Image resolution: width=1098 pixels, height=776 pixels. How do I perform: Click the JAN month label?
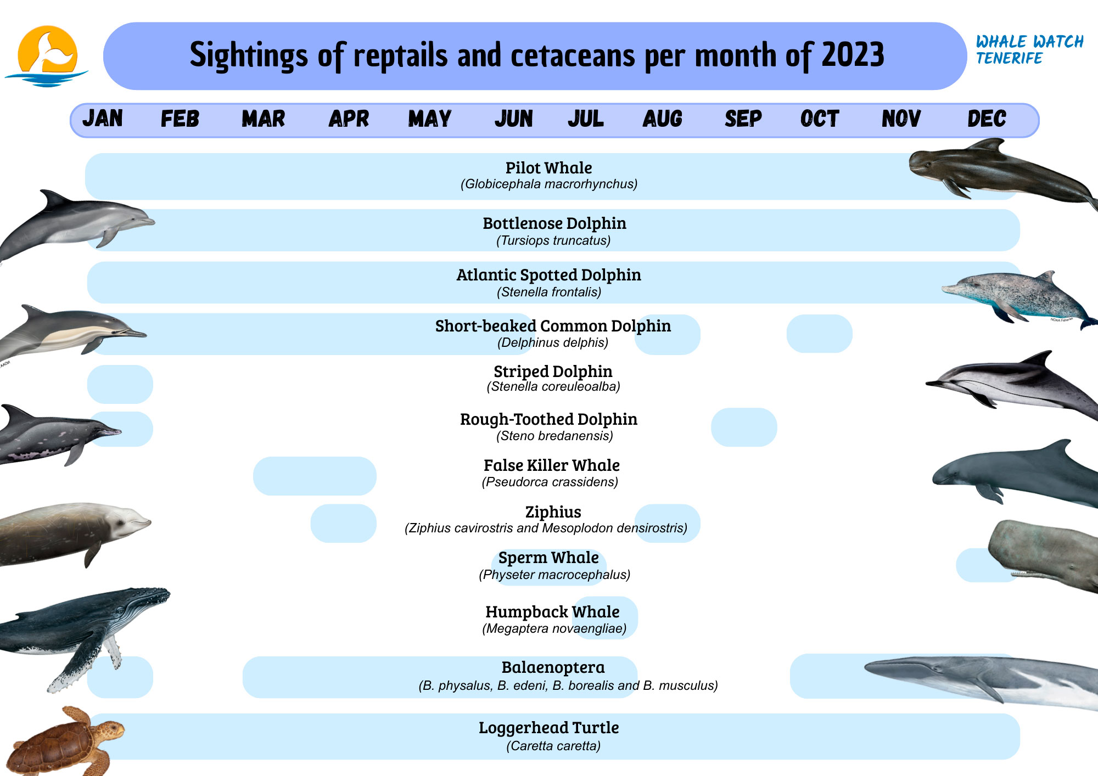tap(103, 119)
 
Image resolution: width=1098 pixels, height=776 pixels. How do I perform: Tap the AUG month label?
tap(662, 119)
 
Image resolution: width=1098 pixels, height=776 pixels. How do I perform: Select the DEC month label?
tap(987, 119)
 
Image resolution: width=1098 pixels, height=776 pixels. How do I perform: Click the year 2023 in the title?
tap(853, 55)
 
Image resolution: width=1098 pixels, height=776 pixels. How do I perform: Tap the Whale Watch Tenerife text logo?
tap(1029, 49)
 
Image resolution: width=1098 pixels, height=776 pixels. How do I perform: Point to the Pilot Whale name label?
tap(548, 168)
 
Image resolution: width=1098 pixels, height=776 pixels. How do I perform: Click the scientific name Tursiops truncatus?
tap(553, 240)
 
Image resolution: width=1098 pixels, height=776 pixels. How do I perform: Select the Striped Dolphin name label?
tap(553, 372)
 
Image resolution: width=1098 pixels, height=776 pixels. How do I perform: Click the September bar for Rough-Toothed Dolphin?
tap(744, 427)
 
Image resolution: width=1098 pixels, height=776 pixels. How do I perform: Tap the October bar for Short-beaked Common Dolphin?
tap(819, 334)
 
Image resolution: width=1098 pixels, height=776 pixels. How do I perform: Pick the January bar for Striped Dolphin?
tap(120, 384)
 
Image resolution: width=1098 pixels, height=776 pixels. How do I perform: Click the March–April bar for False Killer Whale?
tap(315, 476)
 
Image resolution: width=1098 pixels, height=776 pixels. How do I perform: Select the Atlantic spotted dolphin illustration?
tap(1016, 296)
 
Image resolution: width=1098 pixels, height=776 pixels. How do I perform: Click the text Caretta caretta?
tap(553, 746)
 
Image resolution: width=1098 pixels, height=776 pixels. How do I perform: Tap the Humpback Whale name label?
tap(552, 612)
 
